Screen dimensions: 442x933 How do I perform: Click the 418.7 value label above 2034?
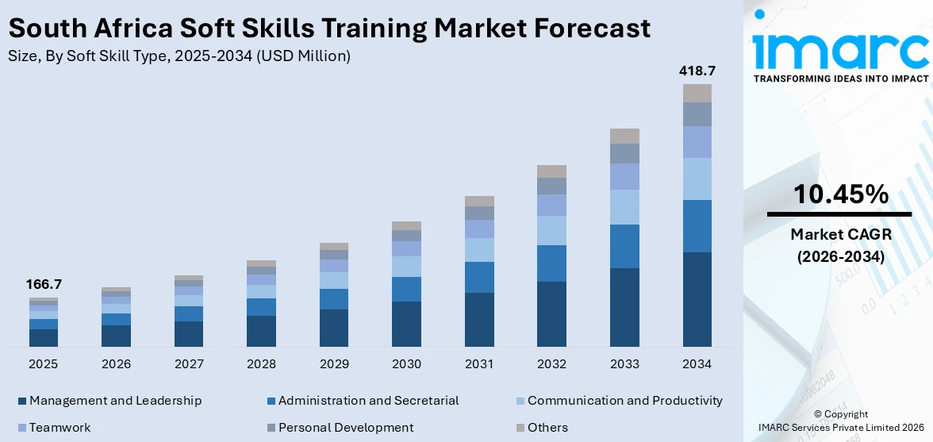pos(697,71)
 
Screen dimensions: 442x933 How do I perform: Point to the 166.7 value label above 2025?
pos(44,284)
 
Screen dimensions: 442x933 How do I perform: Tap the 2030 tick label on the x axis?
pos(406,364)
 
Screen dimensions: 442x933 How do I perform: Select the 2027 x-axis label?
pos(189,364)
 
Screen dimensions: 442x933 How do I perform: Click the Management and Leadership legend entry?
pos(115,401)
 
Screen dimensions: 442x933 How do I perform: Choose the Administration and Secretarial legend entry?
pos(368,401)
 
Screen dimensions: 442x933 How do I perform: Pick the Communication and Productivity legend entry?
pos(624,401)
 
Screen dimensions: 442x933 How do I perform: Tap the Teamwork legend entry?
pos(60,428)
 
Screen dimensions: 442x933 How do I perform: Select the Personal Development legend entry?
pos(345,428)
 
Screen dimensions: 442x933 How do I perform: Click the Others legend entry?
pos(547,428)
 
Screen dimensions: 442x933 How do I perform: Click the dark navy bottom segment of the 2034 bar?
pos(697,299)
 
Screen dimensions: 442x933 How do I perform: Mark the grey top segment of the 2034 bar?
pos(697,93)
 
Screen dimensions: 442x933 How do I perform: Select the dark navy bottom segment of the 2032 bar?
pos(551,313)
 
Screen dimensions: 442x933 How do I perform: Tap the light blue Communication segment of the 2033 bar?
pos(624,206)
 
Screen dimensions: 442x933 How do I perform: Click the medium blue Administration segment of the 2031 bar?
pos(479,277)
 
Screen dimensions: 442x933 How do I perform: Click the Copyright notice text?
pos(841,414)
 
